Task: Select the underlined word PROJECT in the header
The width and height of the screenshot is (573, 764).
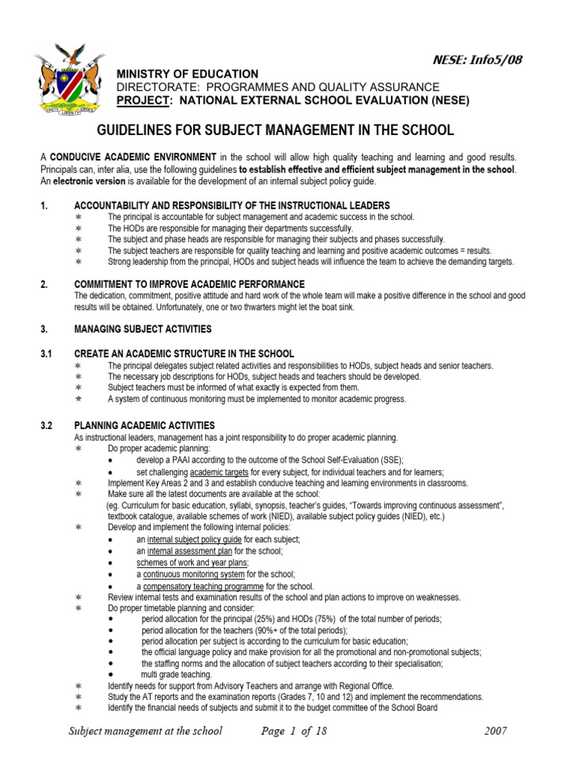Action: click(x=138, y=100)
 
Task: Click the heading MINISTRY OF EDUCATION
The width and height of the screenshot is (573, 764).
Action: click(x=187, y=74)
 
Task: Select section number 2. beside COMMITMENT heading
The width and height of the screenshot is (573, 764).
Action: click(x=43, y=284)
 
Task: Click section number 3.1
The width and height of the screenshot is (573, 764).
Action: click(x=46, y=354)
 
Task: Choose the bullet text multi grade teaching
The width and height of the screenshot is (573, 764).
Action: click(x=176, y=674)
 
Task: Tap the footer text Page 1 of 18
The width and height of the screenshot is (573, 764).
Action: click(x=294, y=730)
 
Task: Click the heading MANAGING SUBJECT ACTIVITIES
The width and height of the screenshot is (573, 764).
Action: click(x=143, y=329)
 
